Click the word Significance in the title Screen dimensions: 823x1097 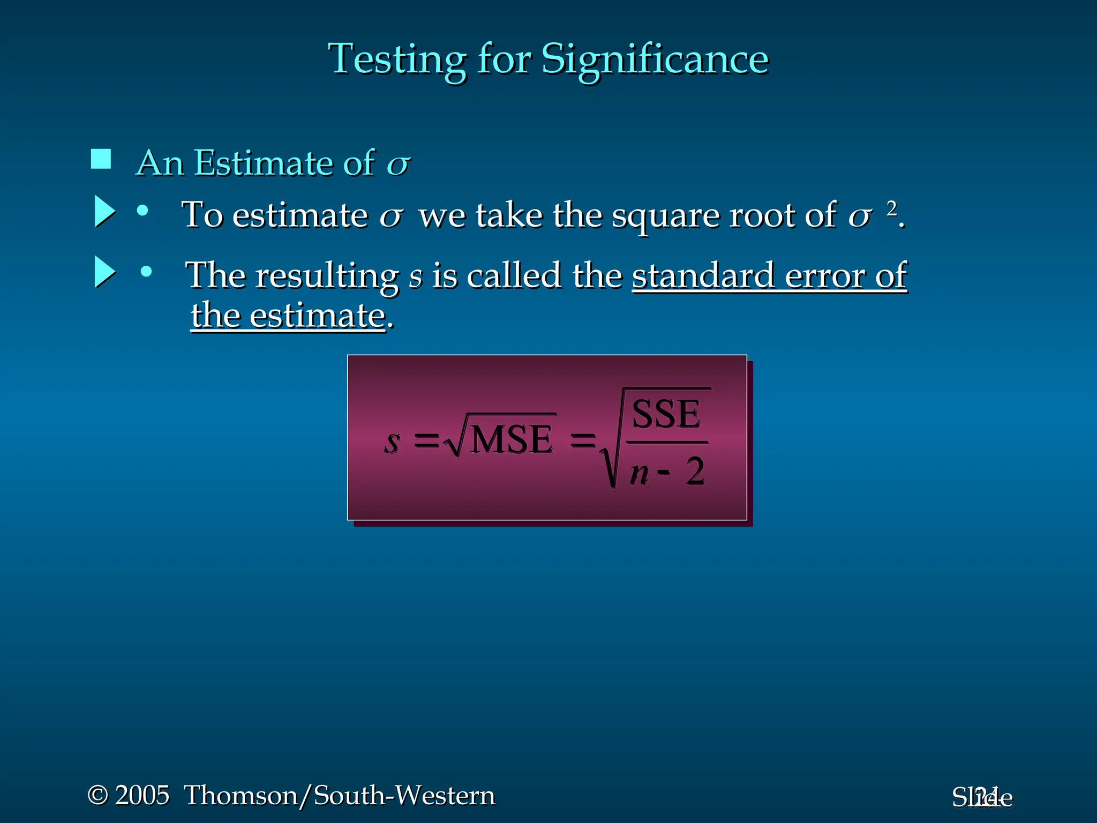point(655,59)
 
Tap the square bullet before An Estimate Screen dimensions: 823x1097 point(101,159)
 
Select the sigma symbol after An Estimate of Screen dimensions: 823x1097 point(398,164)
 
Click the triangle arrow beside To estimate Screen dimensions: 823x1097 point(104,211)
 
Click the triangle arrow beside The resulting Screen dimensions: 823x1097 point(104,272)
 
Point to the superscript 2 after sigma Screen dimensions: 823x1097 point(891,208)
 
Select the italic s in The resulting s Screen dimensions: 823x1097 point(416,277)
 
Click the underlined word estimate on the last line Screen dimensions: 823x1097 point(318,316)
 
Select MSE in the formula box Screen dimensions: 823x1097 point(512,440)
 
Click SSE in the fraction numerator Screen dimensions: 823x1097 point(666,414)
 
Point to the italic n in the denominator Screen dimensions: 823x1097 point(639,473)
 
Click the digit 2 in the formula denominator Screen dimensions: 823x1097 point(695,472)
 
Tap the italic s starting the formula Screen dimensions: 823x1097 point(392,442)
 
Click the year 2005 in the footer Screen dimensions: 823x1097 point(142,795)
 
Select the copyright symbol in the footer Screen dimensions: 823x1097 point(97,795)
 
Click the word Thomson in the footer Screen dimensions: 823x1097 point(241,795)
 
